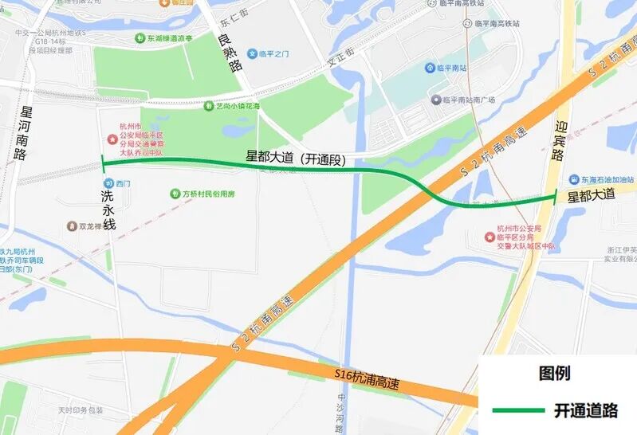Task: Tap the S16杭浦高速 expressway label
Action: pos(365,377)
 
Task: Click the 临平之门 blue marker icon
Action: pos(252,53)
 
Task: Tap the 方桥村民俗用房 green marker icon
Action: pos(175,194)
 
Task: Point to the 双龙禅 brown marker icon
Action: pos(72,226)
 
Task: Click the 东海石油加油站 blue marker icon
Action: pos(572,178)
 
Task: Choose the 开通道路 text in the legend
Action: pos(586,410)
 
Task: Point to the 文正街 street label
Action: pos(340,60)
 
